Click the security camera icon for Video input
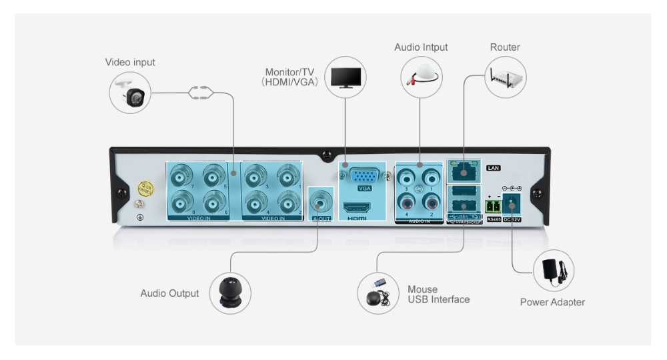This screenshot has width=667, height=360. point(130,93)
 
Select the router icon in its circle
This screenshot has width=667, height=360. point(506,77)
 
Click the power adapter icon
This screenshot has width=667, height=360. point(554,270)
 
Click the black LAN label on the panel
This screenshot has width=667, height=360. point(494,168)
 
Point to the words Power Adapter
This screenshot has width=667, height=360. point(552,302)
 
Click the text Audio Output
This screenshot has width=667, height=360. point(169,293)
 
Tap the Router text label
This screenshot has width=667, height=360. point(505,47)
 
